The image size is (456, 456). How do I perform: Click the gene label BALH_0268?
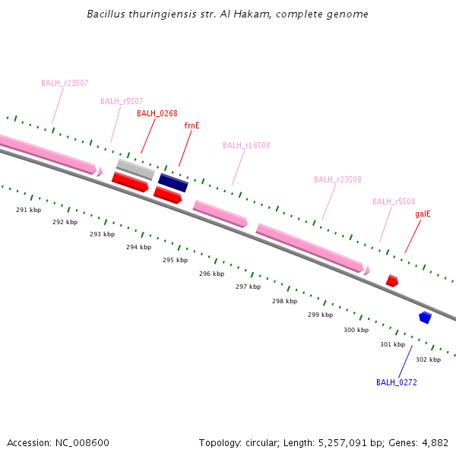tap(157, 114)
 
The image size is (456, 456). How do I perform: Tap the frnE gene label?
tap(192, 125)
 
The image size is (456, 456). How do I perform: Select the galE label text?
tap(423, 214)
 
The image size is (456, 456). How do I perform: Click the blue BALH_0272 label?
tap(396, 382)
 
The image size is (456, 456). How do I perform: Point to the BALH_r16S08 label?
tap(246, 145)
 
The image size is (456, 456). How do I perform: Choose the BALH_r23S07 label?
tap(65, 83)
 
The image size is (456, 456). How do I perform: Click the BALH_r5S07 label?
tap(122, 101)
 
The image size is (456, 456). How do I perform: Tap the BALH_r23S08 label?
tap(337, 180)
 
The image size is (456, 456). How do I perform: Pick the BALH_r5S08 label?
tap(394, 202)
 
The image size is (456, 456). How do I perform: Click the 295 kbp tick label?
tap(175, 260)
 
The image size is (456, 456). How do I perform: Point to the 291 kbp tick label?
tap(28, 209)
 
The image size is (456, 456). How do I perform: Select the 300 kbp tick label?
tap(356, 330)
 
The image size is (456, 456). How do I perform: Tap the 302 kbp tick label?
tap(428, 359)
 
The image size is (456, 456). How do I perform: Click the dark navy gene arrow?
tap(173, 183)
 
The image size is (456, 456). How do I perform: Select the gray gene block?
tap(135, 169)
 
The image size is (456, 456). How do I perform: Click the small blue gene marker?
tap(425, 317)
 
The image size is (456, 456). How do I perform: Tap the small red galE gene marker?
tap(392, 281)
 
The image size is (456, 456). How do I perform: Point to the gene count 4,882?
tap(433, 442)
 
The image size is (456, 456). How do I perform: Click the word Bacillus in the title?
tap(107, 14)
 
